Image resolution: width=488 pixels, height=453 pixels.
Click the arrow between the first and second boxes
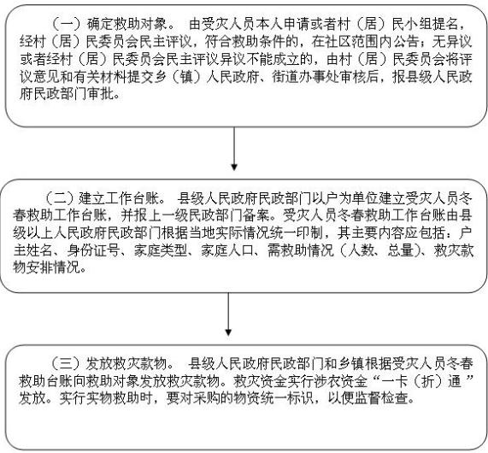234,149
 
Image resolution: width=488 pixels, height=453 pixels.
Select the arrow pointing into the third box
228,315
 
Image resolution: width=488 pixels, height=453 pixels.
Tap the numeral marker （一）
67,24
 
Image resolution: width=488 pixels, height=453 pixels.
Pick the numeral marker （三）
67,363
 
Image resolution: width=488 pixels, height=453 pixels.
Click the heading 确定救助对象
127,24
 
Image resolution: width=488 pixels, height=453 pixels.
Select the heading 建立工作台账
119,198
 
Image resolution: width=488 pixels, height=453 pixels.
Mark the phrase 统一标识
287,398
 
